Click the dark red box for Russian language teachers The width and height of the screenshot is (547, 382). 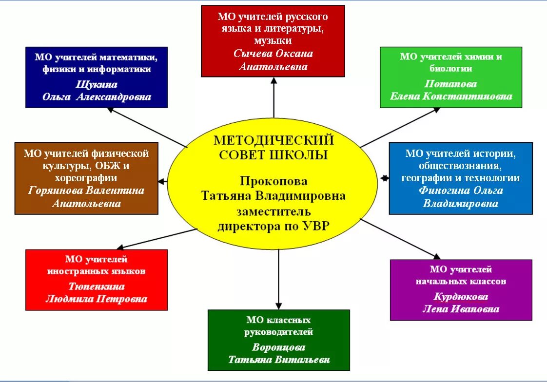pos(273,41)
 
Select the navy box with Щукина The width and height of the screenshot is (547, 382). pos(97,77)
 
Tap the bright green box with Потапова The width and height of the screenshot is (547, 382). pos(451,77)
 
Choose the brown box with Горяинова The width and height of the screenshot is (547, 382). pos(86,178)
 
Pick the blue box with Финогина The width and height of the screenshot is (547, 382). pos(461,178)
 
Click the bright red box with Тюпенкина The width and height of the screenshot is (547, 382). pos(97,280)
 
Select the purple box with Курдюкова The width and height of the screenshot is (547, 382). pos(461,289)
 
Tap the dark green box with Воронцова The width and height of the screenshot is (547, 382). pos(279,340)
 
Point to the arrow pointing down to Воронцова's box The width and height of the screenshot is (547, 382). pos(278,278)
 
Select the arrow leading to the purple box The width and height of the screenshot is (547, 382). pos(400,239)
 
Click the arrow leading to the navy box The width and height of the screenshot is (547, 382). pos(146,127)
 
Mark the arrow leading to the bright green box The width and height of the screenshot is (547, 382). pos(400,127)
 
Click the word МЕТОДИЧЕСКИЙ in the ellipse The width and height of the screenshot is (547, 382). pos(273,140)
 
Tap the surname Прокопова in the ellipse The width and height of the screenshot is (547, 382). pos(273,181)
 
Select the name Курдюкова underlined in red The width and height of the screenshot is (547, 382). pos(461,297)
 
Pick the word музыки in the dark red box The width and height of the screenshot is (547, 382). pos(273,40)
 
